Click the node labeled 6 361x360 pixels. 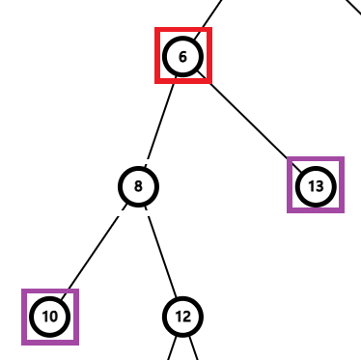pyautogui.click(x=182, y=56)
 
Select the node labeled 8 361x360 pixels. pyautogui.click(x=138, y=186)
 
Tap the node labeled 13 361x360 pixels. pyautogui.click(x=316, y=185)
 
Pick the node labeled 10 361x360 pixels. pyautogui.click(x=50, y=317)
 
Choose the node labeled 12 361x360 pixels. pyautogui.click(x=182, y=317)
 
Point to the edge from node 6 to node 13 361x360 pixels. pyautogui.click(x=249, y=121)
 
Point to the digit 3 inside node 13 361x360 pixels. pyautogui.click(x=320, y=185)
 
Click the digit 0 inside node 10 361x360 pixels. pyautogui.click(x=54, y=317)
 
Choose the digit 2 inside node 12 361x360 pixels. pyautogui.click(x=186, y=317)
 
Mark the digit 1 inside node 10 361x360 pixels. pyautogui.click(x=44, y=317)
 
